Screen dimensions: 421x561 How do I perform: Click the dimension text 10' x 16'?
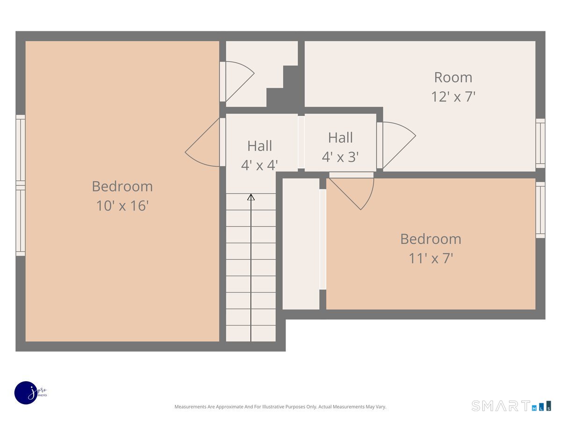click(x=122, y=206)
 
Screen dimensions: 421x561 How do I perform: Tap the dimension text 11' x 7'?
click(x=431, y=258)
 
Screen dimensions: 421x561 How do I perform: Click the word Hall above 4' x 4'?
click(x=259, y=146)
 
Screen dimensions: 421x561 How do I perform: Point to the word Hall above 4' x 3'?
click(x=340, y=138)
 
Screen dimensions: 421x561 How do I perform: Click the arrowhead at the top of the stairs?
click(x=251, y=197)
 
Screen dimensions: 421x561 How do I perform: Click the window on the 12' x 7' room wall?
click(x=540, y=143)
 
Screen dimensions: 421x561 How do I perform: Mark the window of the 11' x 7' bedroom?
click(x=540, y=210)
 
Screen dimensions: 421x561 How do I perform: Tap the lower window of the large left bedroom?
click(x=21, y=220)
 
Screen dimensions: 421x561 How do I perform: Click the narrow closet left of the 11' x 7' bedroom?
click(x=301, y=243)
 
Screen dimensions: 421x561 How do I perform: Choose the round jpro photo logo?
click(x=27, y=393)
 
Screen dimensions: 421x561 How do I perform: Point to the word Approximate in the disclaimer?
click(x=230, y=407)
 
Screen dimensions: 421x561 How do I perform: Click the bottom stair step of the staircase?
click(x=251, y=333)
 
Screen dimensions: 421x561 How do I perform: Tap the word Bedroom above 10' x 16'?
click(x=122, y=186)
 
